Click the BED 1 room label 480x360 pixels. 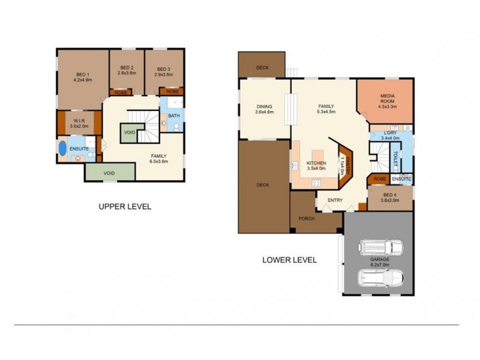(82, 73)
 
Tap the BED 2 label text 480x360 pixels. (127, 68)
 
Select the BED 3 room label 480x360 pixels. (163, 68)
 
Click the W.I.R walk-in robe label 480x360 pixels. (79, 120)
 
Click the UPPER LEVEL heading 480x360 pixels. (125, 206)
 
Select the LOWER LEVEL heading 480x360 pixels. (289, 260)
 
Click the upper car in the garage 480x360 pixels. (377, 247)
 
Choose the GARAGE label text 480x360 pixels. (379, 259)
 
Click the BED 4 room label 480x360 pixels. (391, 194)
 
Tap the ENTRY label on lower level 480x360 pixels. (334, 200)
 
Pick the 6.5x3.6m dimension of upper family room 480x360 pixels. (159, 161)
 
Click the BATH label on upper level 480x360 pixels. (173, 116)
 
